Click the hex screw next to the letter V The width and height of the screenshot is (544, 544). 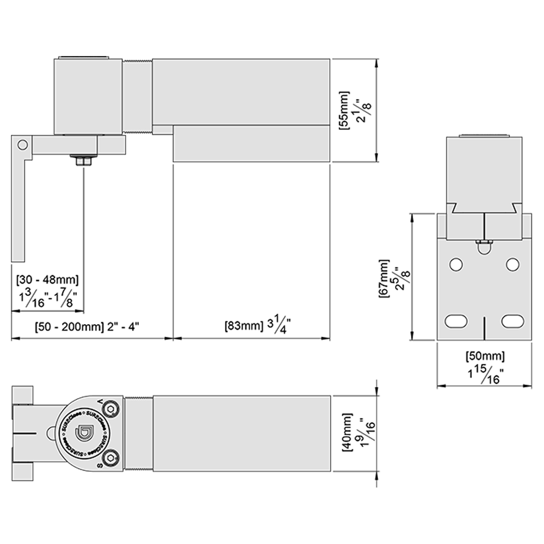[111, 408]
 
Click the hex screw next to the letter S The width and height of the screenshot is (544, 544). [111, 459]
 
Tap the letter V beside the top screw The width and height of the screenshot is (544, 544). [100, 401]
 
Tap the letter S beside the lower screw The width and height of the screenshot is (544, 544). [100, 466]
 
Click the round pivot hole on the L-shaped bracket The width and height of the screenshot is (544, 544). [22, 145]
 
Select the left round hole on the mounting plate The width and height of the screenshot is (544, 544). [456, 264]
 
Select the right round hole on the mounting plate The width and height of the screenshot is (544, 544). [512, 264]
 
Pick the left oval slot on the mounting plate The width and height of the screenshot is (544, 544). [456, 321]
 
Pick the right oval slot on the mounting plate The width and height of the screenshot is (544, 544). [512, 321]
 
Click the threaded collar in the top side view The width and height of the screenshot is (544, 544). [137, 97]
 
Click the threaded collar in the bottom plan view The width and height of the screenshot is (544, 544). [138, 434]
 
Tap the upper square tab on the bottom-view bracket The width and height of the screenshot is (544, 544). [22, 395]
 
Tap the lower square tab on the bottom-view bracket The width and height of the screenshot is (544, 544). [22, 471]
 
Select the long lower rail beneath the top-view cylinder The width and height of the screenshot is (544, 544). [251, 144]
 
